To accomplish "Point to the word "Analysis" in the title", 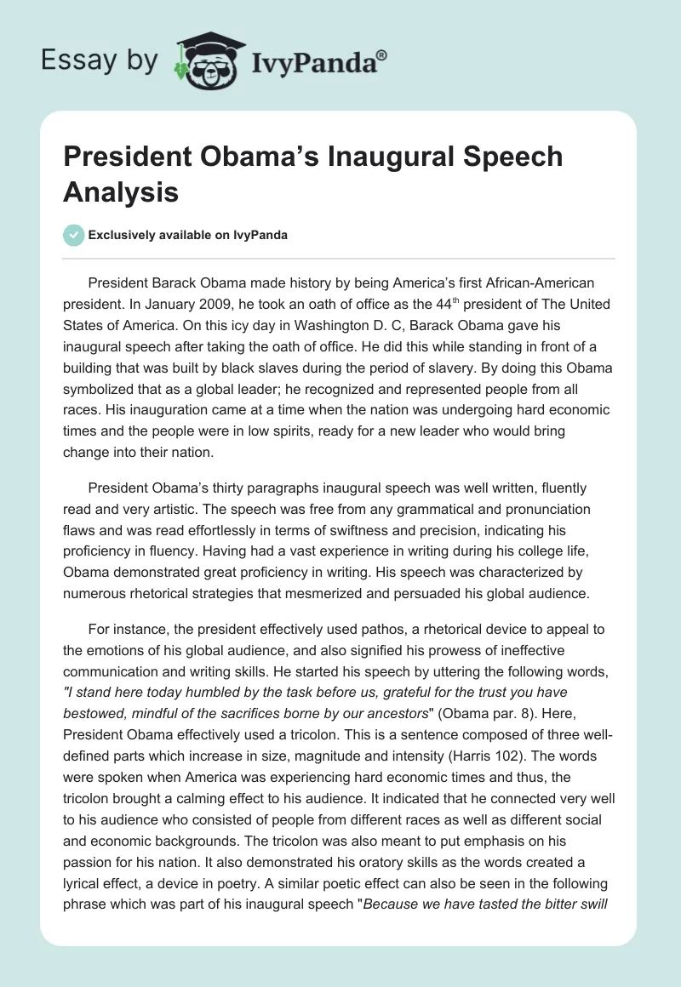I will pyautogui.click(x=121, y=191).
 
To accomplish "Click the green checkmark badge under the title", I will pyautogui.click(x=74, y=235).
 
